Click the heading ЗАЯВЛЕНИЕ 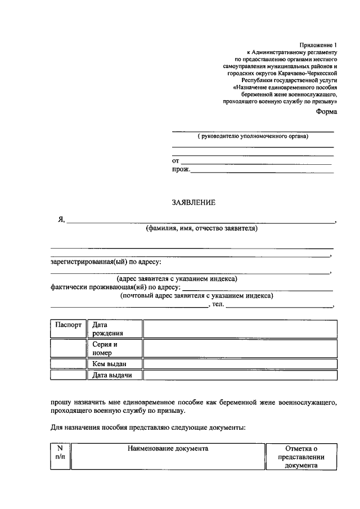193,202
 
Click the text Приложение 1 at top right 318,44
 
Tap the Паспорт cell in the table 68,325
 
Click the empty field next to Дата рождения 240,329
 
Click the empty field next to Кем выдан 240,364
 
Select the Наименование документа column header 168,448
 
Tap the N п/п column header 60,453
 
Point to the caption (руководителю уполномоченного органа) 253,137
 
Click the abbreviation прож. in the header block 181,169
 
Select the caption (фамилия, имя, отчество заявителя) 201,229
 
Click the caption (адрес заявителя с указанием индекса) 177,279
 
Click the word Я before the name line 61,220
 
